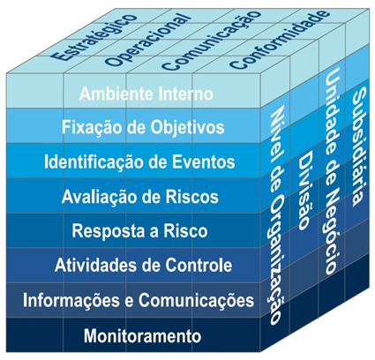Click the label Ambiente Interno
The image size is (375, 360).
click(146, 94)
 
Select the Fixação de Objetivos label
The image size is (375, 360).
click(143, 128)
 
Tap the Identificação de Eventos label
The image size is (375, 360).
click(139, 162)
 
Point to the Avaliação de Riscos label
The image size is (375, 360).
click(140, 197)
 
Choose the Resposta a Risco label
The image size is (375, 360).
click(139, 231)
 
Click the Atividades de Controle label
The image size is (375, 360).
click(143, 266)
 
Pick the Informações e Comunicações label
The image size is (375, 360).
click(139, 301)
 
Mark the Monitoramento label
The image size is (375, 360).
click(143, 335)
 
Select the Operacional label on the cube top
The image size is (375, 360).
click(147, 39)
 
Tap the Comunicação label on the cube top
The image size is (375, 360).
click(211, 41)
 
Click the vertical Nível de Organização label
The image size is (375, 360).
click(276, 215)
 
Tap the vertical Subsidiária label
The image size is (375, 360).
click(359, 146)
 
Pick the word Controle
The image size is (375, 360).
click(199, 266)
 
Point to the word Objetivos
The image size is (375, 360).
click(188, 128)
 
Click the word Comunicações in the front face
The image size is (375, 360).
click(197, 301)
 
